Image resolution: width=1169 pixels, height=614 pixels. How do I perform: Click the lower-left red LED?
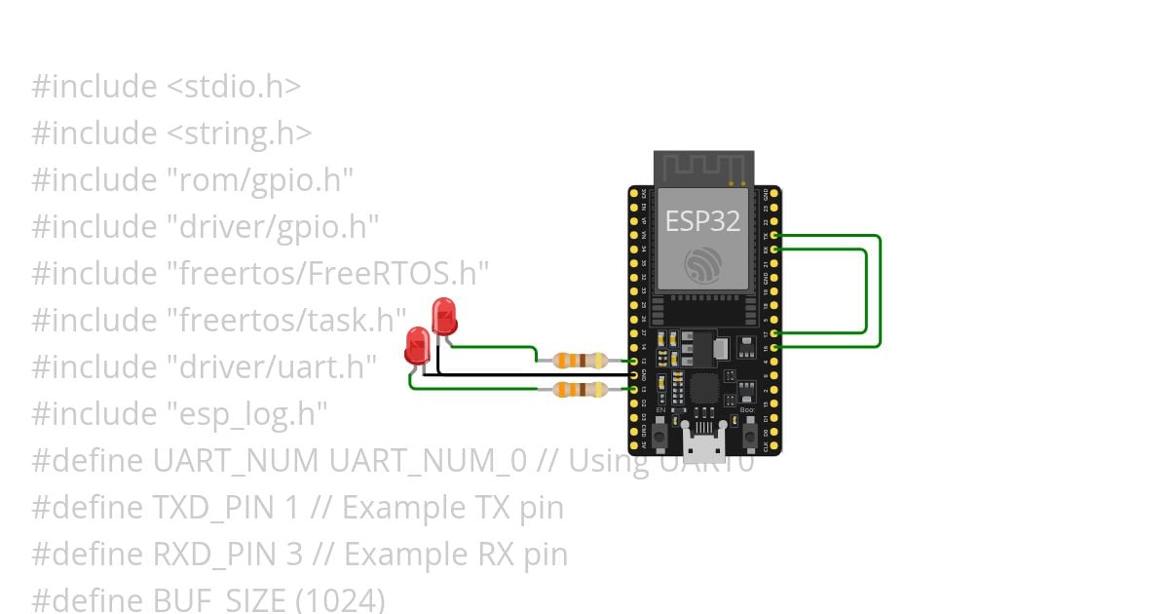click(x=418, y=346)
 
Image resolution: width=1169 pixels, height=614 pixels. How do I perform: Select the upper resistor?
click(x=581, y=360)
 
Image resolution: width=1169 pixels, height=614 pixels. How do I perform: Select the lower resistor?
click(x=581, y=390)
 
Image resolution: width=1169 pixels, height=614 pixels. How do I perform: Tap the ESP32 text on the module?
click(x=702, y=222)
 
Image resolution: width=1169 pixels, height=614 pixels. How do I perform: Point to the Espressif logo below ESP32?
click(x=703, y=264)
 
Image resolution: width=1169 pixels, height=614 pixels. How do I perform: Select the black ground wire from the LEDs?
click(x=526, y=374)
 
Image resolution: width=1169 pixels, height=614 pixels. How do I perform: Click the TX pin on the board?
click(x=773, y=235)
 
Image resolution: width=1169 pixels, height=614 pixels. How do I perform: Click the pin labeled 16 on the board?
click(x=773, y=347)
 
